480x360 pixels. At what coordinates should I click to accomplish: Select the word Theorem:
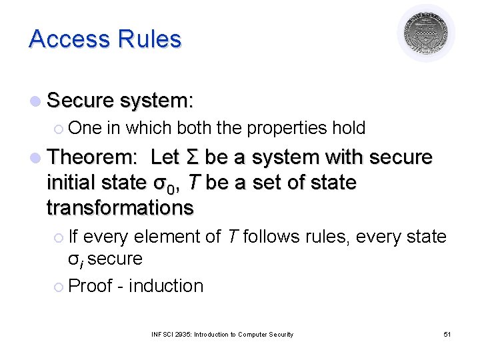click(x=93, y=158)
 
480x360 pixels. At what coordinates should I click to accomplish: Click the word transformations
click(x=119, y=207)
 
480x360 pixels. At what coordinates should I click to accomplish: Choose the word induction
click(x=166, y=286)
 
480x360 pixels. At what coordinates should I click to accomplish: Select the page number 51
click(x=447, y=334)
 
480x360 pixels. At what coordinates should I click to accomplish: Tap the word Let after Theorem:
click(x=164, y=158)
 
